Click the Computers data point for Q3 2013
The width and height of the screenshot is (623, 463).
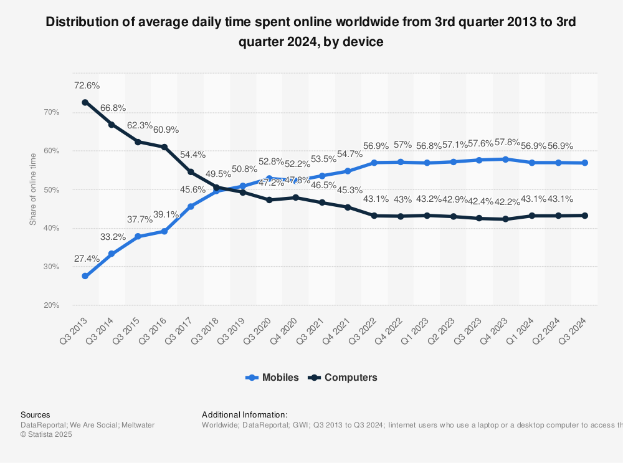[x=85, y=102]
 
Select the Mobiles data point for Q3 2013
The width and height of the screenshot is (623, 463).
[x=85, y=276]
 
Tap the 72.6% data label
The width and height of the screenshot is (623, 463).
[x=87, y=85]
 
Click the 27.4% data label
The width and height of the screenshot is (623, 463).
[x=87, y=258]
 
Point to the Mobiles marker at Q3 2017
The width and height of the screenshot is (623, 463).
[x=191, y=206]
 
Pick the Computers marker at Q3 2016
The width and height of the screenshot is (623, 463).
[x=164, y=147]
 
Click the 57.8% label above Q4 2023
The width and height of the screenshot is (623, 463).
[x=506, y=143]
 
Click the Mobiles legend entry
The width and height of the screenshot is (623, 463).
[x=273, y=377]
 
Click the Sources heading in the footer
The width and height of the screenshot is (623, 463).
[x=36, y=414]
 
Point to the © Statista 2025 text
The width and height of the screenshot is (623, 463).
[x=46, y=434]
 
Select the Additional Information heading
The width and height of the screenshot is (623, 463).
[x=244, y=414]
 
